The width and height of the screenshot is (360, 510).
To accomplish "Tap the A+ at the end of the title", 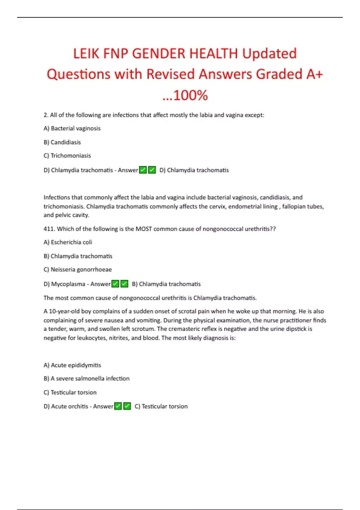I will point(314,74).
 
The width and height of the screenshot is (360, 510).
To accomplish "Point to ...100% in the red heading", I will point(185,95).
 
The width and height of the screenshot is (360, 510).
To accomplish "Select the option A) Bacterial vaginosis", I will point(72,128).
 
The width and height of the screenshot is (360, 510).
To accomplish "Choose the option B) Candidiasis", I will point(62,142).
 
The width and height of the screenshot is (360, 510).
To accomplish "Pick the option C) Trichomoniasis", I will point(67,156).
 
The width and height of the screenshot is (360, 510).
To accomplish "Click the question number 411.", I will point(49,229).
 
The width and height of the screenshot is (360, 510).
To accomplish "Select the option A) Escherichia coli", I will point(68,242).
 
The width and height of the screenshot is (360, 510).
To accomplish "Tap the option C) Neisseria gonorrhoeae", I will point(78,269).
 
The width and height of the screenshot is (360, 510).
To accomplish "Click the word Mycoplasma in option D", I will point(68,284).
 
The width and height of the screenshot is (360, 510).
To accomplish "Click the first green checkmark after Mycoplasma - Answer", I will point(115,284).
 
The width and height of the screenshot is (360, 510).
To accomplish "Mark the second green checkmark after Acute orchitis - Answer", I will point(127,406).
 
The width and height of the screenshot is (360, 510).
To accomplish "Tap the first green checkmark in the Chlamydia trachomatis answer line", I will point(143,170).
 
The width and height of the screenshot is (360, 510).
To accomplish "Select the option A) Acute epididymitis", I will point(72,365).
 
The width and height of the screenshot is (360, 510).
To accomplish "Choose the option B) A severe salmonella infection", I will point(86,379).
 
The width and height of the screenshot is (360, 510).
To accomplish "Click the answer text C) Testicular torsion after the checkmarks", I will point(161,406).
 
